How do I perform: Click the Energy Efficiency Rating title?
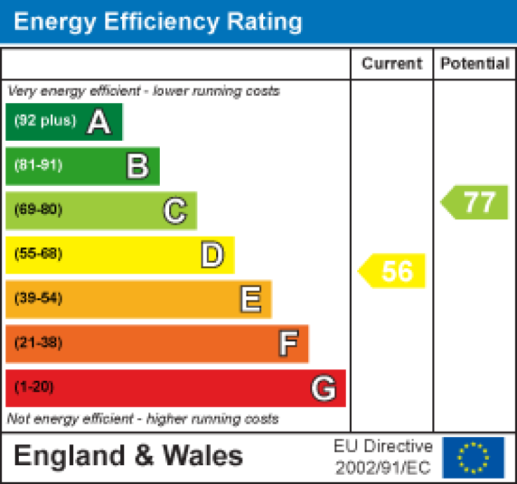tap(158, 22)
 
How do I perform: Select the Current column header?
tap(392, 64)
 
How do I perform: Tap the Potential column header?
tap(475, 64)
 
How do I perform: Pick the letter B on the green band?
tap(137, 166)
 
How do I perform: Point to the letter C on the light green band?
tap(175, 211)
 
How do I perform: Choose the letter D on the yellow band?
tap(212, 255)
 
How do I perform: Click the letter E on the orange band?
tap(250, 300)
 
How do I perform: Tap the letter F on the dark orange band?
tap(288, 344)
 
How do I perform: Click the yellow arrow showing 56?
tap(393, 271)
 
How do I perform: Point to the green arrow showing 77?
tap(475, 202)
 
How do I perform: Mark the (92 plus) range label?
tap(46, 121)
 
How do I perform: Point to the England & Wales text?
tap(128, 457)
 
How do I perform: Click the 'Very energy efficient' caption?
tap(143, 91)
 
